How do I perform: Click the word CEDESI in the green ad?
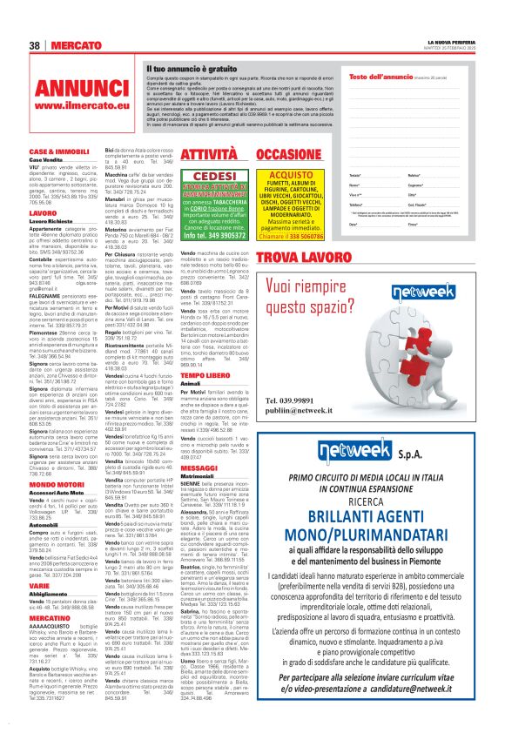coord(197,176)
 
